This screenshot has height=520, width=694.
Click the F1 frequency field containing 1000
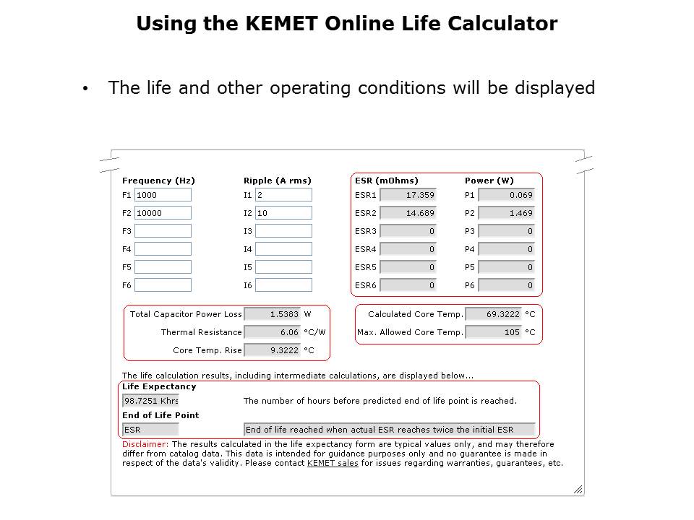[163, 195]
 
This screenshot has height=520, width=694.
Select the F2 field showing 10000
[163, 213]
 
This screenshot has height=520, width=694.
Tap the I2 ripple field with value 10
[283, 213]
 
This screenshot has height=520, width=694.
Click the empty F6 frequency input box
[163, 285]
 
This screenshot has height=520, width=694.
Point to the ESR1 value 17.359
[408, 195]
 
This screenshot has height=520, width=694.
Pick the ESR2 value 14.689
[408, 213]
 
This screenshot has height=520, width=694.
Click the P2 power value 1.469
[507, 213]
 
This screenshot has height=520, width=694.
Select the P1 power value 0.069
[507, 195]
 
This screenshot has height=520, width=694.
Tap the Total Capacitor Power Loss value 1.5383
[273, 314]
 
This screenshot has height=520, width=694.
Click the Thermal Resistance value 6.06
[273, 332]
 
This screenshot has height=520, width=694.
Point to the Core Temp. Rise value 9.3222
[273, 350]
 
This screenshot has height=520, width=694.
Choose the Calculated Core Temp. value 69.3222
[493, 314]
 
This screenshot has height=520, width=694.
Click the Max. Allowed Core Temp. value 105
[493, 332]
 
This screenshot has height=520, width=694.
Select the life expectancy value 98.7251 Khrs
[150, 401]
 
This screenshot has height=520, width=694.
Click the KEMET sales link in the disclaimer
[333, 464]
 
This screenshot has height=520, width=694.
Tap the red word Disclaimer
[145, 444]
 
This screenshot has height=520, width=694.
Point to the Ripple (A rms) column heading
[278, 181]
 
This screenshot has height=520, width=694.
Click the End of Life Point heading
[160, 415]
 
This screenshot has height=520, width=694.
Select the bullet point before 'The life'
[85, 89]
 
